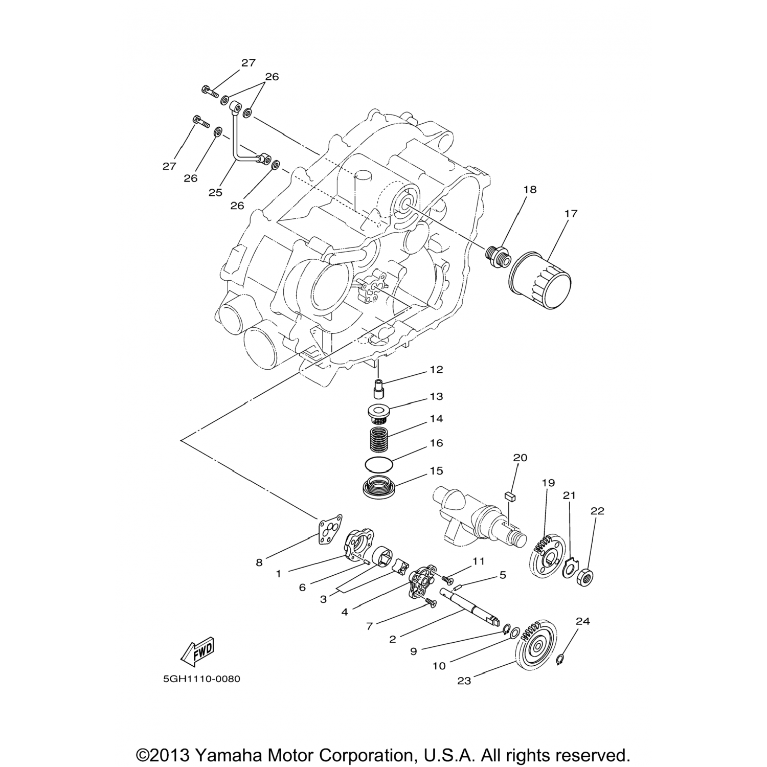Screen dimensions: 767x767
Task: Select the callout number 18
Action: tap(530, 190)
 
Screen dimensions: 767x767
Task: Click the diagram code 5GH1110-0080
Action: tap(201, 680)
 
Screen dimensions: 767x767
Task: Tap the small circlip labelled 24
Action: tap(560, 658)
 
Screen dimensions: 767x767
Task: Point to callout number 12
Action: tap(436, 370)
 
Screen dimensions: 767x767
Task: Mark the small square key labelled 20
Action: tap(508, 494)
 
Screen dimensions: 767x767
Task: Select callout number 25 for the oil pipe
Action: tap(215, 192)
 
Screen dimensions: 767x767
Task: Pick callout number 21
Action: tap(569, 495)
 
